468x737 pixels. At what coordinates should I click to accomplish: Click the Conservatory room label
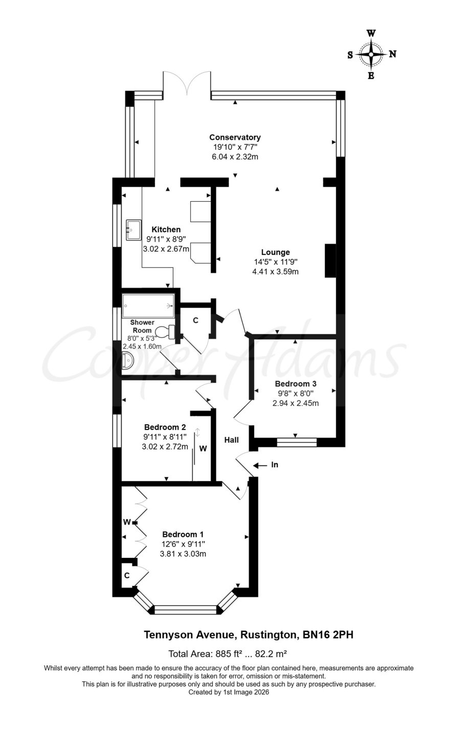(235, 137)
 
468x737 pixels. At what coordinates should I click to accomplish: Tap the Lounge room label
(276, 252)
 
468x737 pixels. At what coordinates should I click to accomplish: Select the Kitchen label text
(166, 229)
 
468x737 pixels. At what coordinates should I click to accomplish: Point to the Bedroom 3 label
(296, 384)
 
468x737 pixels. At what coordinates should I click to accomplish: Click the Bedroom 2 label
(165, 427)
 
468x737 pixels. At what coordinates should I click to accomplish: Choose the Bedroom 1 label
(183, 534)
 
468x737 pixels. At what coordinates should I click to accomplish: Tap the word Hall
(232, 440)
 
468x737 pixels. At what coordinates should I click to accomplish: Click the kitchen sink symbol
(133, 230)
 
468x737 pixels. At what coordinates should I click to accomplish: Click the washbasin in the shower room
(127, 360)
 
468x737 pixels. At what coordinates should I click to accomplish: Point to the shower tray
(148, 306)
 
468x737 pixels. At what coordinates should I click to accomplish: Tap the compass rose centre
(371, 54)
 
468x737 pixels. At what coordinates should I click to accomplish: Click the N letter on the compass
(392, 54)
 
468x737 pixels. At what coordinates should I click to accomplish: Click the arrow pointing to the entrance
(260, 466)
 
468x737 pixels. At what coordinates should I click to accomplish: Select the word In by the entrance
(275, 465)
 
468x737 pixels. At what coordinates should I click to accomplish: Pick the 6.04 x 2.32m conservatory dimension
(235, 157)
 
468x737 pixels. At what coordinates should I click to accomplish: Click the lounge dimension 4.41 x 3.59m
(275, 271)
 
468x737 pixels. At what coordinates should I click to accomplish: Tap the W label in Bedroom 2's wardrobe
(203, 448)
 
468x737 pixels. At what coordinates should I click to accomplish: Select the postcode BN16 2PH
(328, 634)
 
